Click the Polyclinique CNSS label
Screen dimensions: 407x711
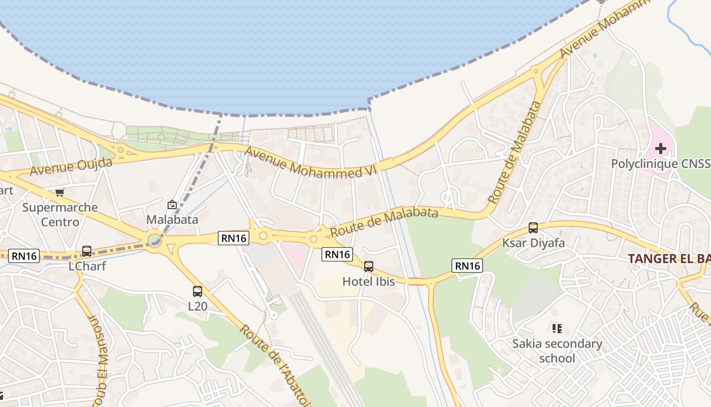point(660,164)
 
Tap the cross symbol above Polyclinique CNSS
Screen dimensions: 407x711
point(660,149)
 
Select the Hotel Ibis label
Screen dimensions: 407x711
point(369,281)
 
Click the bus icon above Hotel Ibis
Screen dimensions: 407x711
point(369,266)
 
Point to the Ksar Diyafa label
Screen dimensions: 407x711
point(533,243)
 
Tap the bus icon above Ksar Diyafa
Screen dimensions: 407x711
point(533,227)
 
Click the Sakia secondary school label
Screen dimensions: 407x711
point(557,351)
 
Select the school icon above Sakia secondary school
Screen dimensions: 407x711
point(557,329)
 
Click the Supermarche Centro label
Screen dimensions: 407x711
point(60,215)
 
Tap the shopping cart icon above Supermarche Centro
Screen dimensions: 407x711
point(60,192)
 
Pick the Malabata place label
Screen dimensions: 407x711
point(172,220)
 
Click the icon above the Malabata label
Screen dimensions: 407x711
point(172,205)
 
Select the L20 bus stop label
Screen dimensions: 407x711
point(198,306)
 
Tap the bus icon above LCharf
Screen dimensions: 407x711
point(87,251)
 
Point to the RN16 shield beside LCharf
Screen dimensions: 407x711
point(24,256)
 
